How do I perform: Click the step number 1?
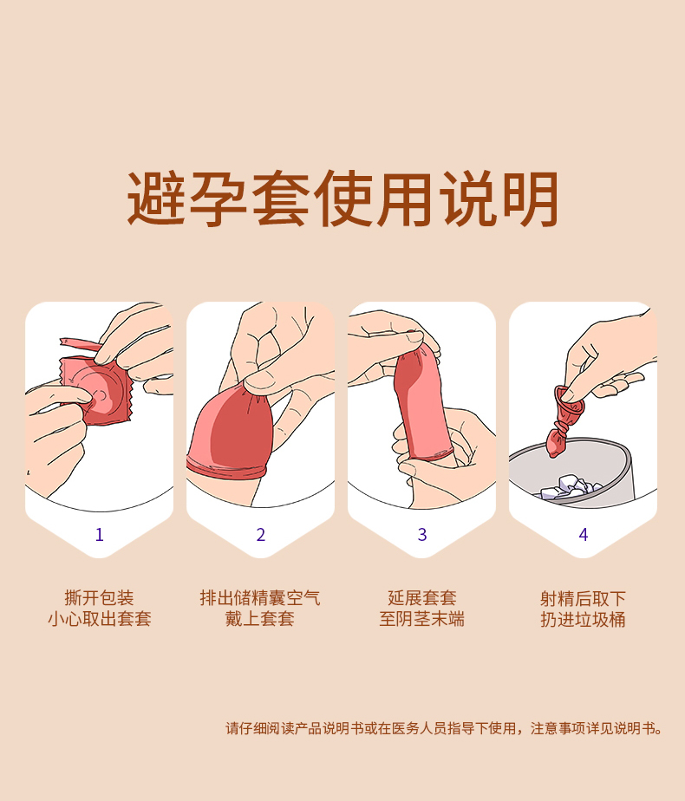point(100,534)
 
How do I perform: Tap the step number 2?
point(260,534)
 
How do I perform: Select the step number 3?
point(422,534)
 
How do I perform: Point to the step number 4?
point(584,534)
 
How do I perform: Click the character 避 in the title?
point(156,199)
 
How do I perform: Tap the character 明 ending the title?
point(530,199)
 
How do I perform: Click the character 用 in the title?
point(405,199)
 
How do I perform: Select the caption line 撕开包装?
point(99,597)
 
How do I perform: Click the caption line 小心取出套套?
point(99,619)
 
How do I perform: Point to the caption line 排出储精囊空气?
point(260,597)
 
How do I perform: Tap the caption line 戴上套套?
point(260,619)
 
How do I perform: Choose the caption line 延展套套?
point(422,597)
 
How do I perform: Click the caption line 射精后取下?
point(584,597)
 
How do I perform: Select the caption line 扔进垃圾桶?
point(584,619)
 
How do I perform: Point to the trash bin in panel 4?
point(572,472)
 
